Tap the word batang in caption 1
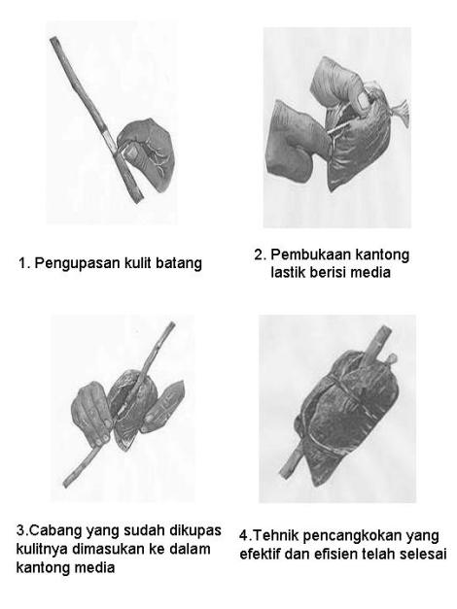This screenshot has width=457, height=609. click(180, 263)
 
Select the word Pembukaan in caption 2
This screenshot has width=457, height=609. click(310, 255)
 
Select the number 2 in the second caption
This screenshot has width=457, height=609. click(260, 255)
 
